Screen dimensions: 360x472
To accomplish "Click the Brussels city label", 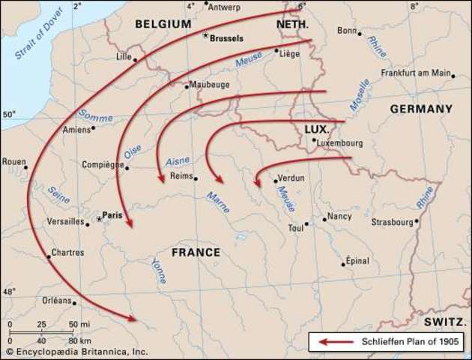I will click(229, 37).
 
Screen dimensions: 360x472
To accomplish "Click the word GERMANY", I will click(421, 109).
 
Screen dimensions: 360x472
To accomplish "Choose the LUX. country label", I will click(317, 129).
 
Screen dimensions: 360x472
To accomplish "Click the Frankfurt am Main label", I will click(416, 73).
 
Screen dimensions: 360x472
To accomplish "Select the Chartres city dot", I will click(49, 257).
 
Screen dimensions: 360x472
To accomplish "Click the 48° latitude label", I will click(9, 291).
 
